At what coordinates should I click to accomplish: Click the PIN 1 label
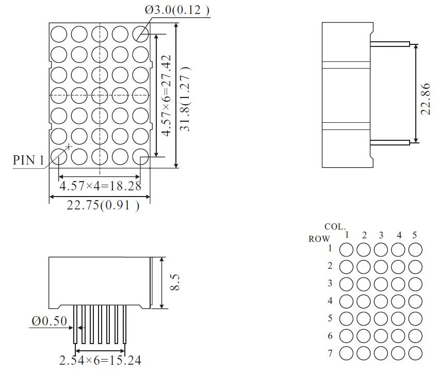28,160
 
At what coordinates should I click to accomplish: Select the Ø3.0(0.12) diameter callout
177,10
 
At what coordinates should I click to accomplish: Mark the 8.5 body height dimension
176,283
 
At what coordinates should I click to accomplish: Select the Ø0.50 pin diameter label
49,321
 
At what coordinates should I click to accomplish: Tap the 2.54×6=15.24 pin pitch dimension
100,360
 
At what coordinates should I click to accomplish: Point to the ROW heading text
319,239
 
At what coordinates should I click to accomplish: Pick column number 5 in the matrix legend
414,235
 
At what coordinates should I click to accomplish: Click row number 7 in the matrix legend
330,353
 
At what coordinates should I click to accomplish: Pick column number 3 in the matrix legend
381,235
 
